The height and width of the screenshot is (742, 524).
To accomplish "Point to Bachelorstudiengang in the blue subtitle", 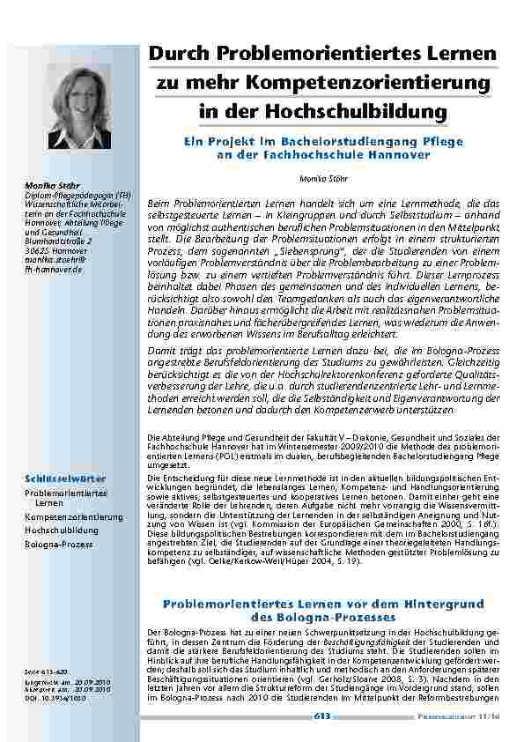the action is click(x=350, y=139).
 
